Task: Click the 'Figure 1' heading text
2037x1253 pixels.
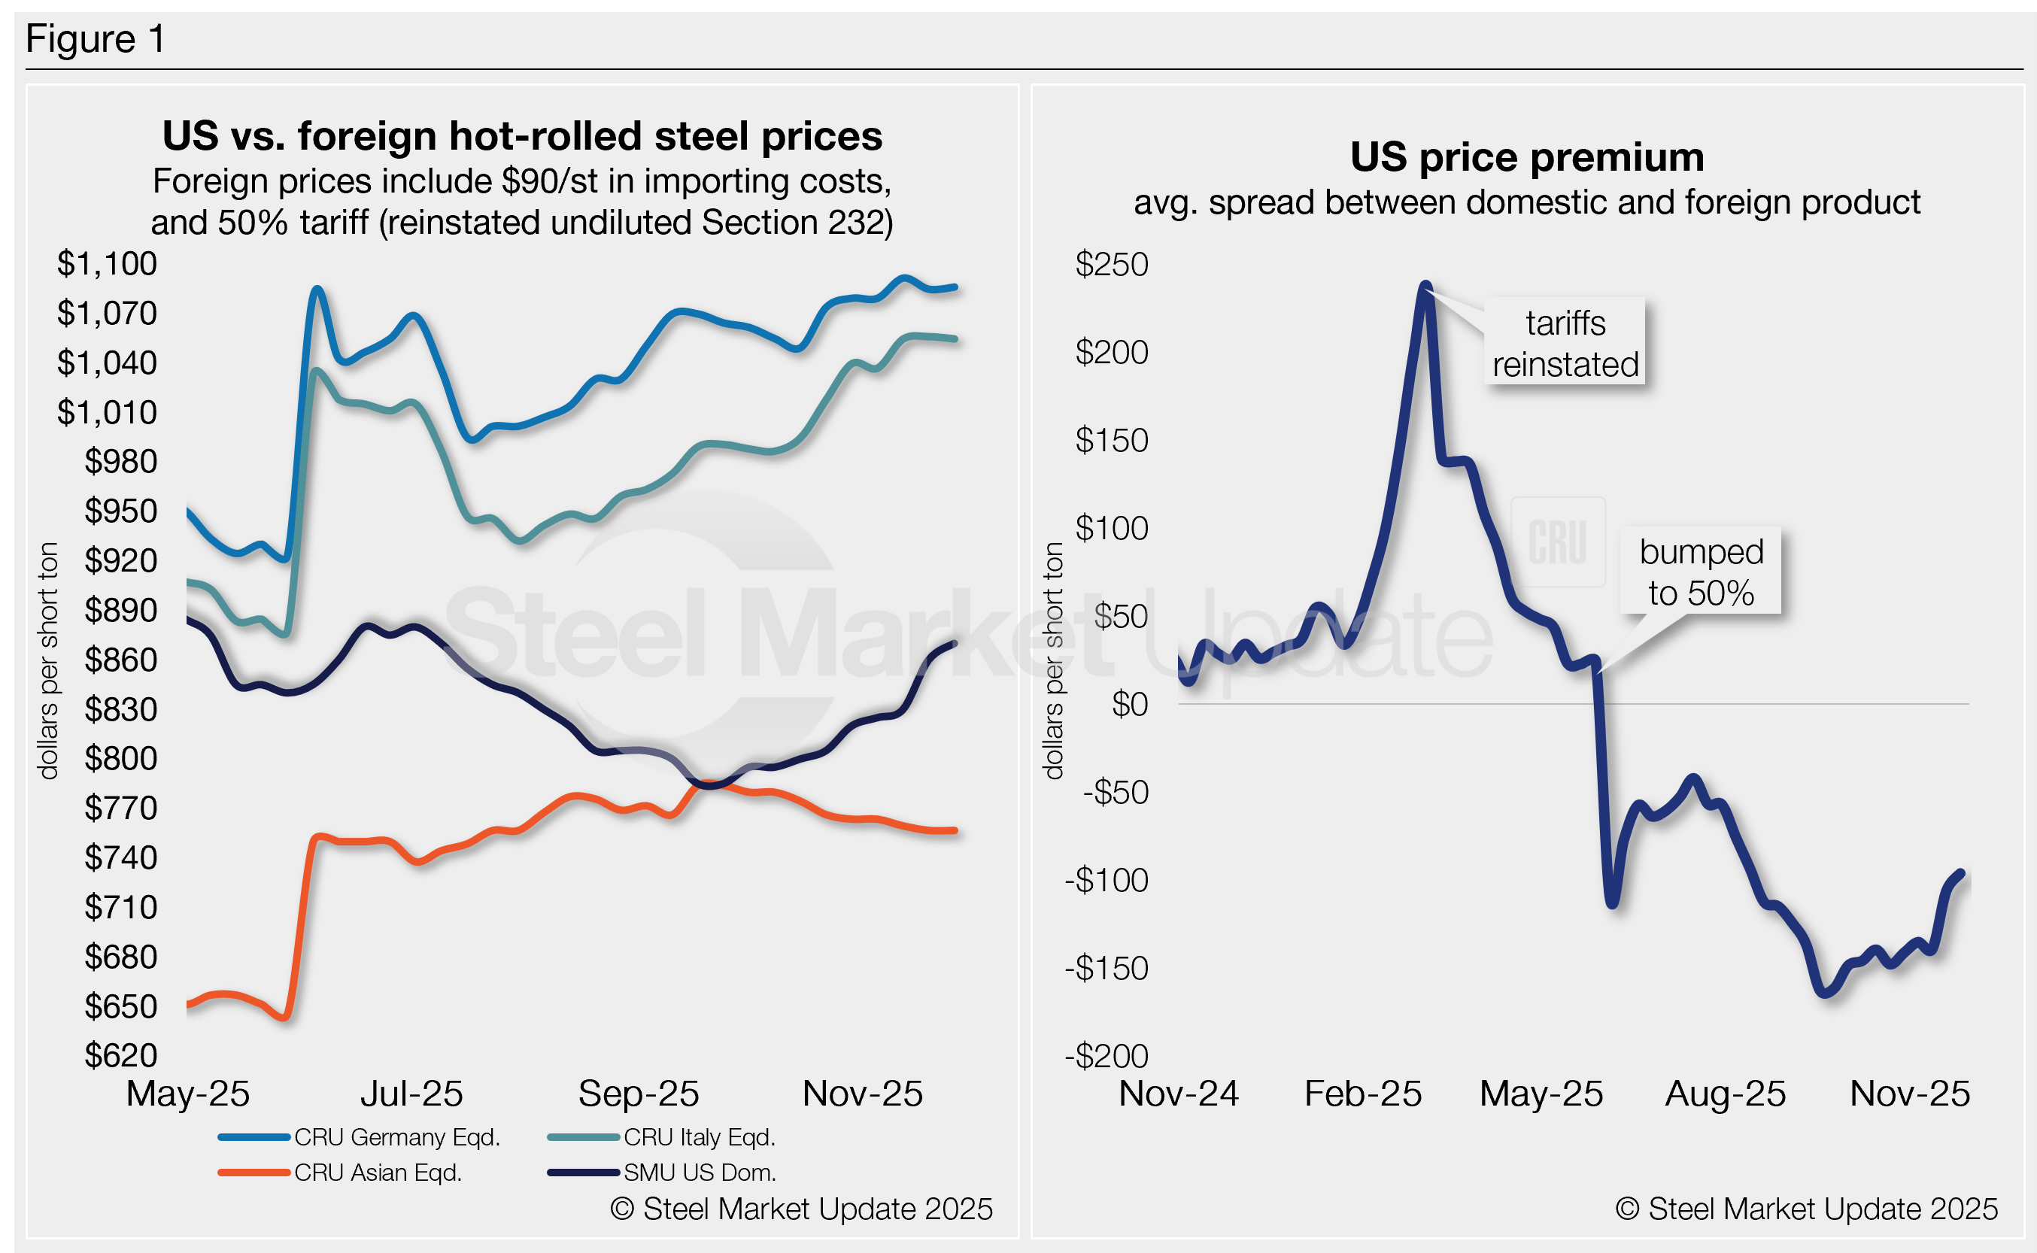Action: [96, 39]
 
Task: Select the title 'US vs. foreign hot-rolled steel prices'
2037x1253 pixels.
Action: [522, 136]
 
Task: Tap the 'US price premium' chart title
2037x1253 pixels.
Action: [1526, 156]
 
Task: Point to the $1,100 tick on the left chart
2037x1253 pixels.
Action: [107, 263]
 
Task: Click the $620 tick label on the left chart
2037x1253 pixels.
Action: [120, 1055]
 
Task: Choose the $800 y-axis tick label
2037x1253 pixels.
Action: [120, 758]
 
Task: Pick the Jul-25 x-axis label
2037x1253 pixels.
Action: [411, 1094]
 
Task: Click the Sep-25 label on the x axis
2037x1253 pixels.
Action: [638, 1094]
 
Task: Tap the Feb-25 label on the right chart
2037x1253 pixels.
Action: [1362, 1094]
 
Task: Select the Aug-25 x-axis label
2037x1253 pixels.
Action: [1726, 1094]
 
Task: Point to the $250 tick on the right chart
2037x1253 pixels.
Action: [1111, 264]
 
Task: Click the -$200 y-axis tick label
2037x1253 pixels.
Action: [1107, 1056]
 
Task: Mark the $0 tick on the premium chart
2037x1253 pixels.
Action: [1130, 705]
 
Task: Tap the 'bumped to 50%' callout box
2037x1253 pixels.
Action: [1701, 572]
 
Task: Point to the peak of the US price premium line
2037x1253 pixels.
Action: [1425, 286]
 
